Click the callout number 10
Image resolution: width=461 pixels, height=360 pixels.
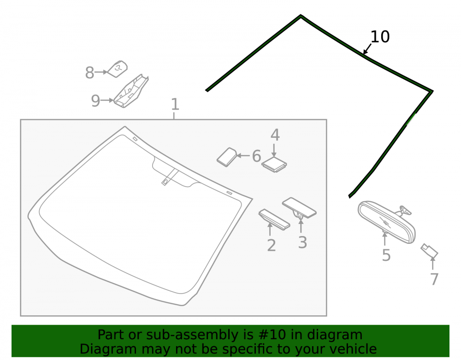[380, 37]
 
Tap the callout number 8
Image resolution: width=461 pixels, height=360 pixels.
[89, 72]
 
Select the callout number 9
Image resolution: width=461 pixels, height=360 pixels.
[95, 101]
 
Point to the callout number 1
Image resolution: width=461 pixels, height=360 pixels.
[175, 104]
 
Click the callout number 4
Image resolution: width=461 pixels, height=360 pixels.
[275, 135]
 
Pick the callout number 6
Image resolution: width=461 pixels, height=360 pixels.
[256, 156]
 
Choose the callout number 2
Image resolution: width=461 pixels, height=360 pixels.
[272, 245]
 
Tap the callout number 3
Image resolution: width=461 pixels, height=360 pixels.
[302, 243]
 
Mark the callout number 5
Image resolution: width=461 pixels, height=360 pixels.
[386, 255]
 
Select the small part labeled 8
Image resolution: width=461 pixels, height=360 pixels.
[117, 69]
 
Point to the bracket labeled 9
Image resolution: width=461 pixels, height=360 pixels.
[131, 91]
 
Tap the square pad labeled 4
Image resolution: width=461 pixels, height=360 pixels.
[274, 165]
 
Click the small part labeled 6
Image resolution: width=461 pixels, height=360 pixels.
[227, 157]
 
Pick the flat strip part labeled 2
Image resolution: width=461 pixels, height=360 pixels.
[274, 219]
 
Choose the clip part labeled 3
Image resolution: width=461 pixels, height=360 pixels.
[299, 208]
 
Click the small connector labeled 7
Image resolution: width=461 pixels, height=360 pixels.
[429, 251]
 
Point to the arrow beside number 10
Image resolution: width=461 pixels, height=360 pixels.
[367, 49]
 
